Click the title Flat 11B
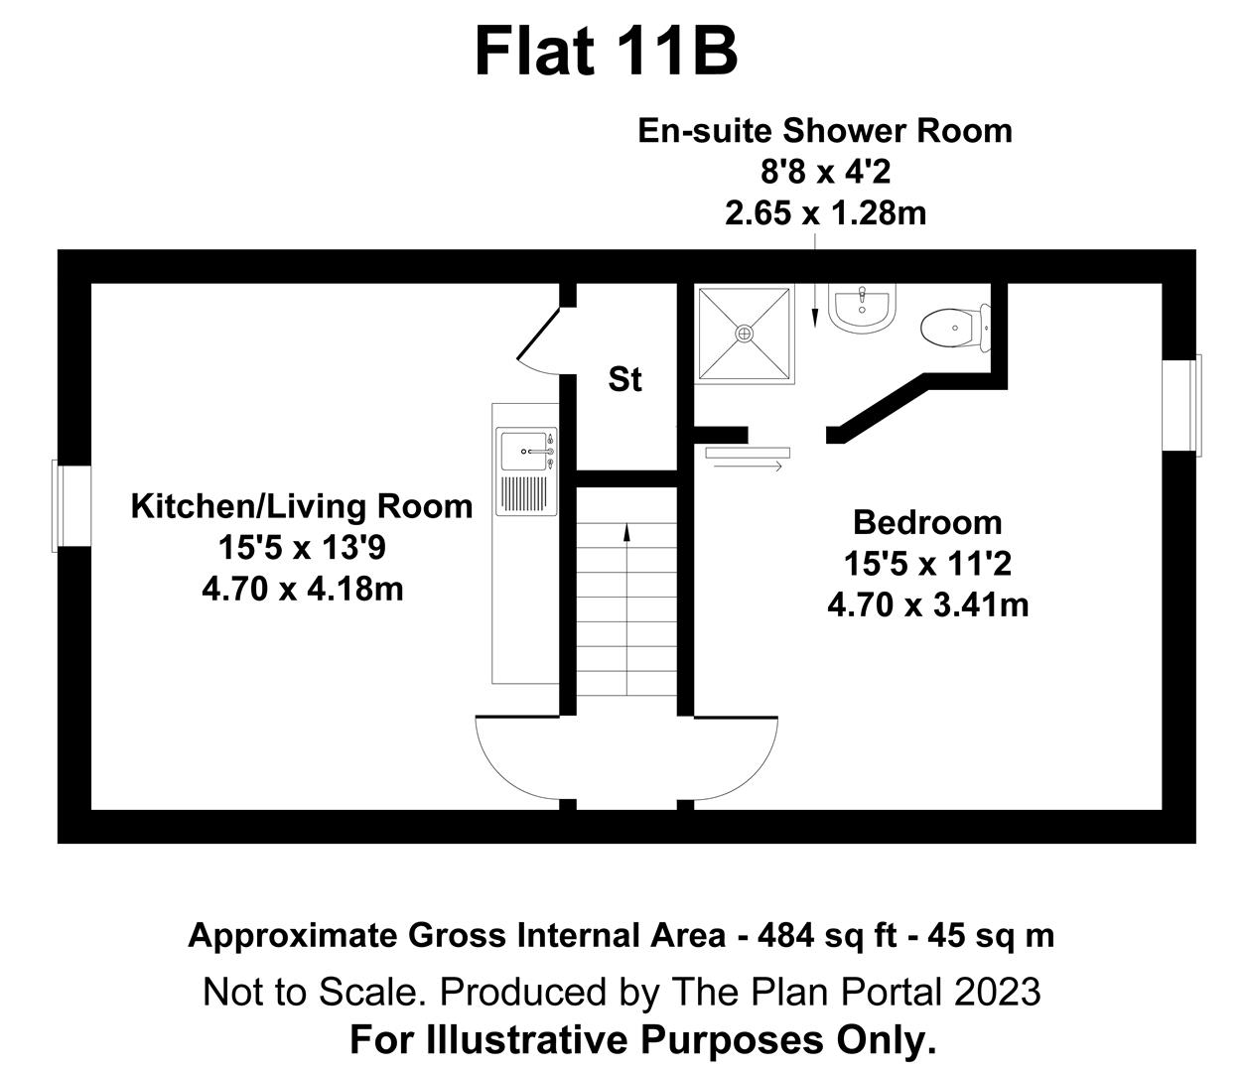606,52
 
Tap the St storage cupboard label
624,379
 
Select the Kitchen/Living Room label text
302,506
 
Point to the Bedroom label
927,522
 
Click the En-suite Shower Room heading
824,130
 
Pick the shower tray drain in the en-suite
745,334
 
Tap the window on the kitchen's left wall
61,504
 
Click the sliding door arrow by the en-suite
746,466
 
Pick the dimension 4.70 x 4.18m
302,589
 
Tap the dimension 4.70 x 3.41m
927,603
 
